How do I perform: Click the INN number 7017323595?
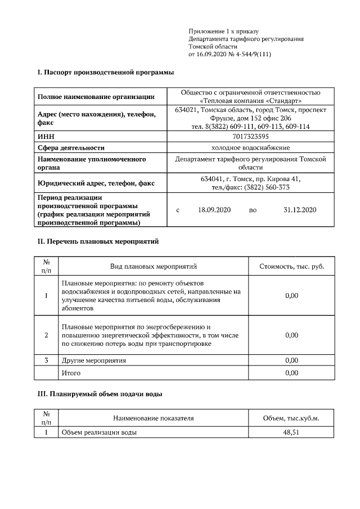pyautogui.click(x=250, y=137)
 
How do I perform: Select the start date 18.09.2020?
pyautogui.click(x=215, y=210)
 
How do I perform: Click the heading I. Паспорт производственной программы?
pyautogui.click(x=105, y=73)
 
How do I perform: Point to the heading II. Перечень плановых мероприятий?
pyautogui.click(x=98, y=241)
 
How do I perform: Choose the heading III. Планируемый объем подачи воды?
pyautogui.click(x=100, y=394)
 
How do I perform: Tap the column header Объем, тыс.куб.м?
pyautogui.click(x=291, y=418)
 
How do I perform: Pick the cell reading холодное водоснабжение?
pyautogui.click(x=250, y=148)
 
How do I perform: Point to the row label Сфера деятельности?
pyautogui.click(x=71, y=148)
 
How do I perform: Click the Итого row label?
pyautogui.click(x=71, y=373)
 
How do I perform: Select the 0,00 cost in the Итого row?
pyautogui.click(x=291, y=373)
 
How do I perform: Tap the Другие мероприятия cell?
pyautogui.click(x=93, y=360)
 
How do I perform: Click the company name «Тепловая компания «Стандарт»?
pyautogui.click(x=250, y=101)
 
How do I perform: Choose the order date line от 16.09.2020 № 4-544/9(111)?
pyautogui.click(x=231, y=55)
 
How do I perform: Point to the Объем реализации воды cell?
pyautogui.click(x=99, y=432)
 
